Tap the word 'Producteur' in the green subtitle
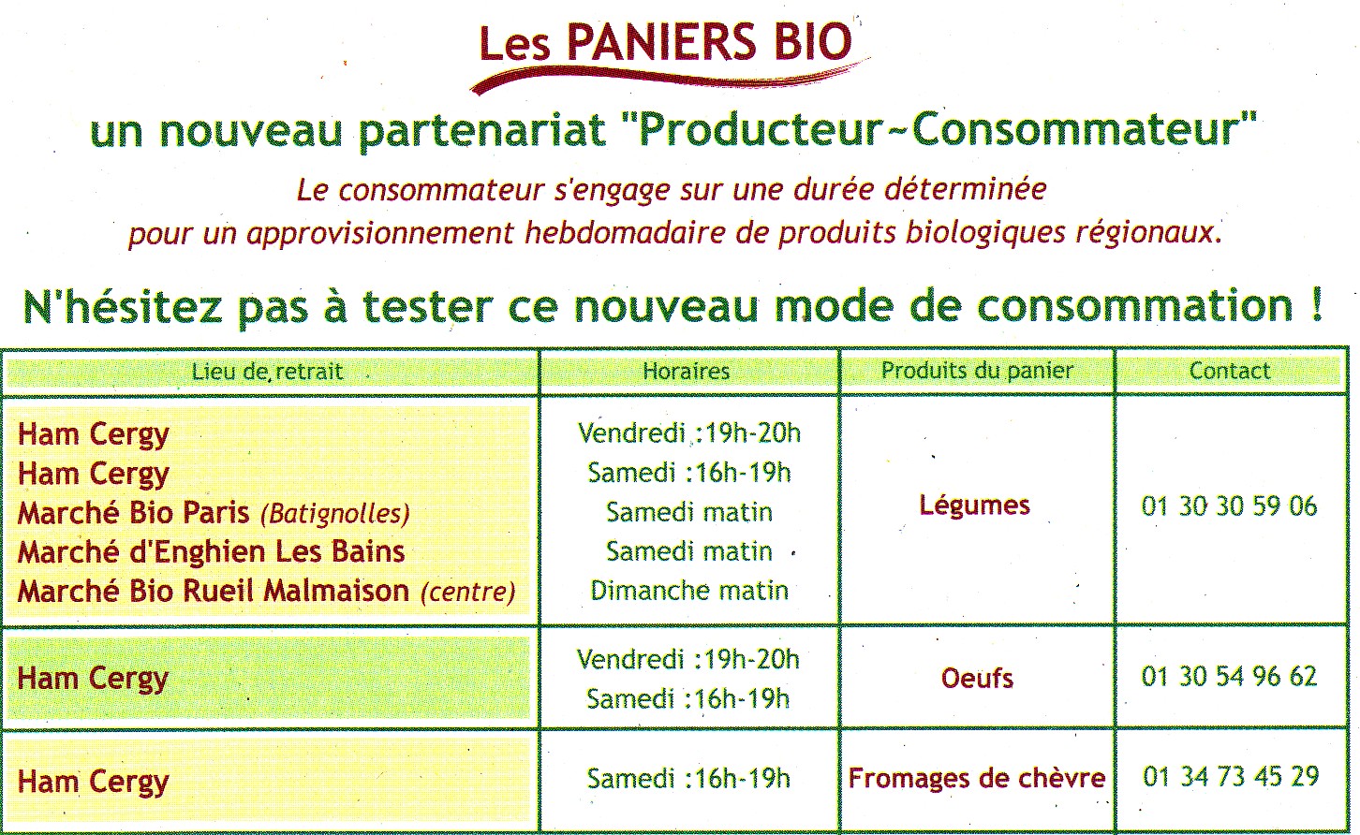(761, 130)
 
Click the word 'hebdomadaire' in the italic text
(626, 233)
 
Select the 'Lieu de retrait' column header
(268, 371)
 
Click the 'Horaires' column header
(686, 371)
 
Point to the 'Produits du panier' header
(977, 371)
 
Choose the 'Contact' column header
(1230, 371)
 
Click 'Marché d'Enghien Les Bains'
(212, 552)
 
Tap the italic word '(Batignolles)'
(335, 514)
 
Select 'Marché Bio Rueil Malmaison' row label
(214, 591)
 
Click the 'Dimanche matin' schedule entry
(689, 591)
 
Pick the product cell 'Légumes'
(974, 505)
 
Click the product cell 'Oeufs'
(977, 678)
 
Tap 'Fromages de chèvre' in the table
(977, 778)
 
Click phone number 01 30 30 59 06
(1230, 506)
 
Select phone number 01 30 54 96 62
(1230, 677)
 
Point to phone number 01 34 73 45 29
(1231, 777)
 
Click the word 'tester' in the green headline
(427, 306)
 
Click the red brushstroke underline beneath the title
(668, 77)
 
